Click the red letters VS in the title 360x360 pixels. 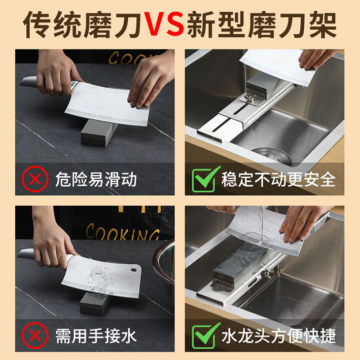pyautogui.click(x=165, y=24)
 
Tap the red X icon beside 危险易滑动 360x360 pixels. pyautogui.click(x=35, y=179)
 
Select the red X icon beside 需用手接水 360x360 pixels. pyautogui.click(x=35, y=335)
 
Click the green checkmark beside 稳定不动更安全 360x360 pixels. pyautogui.click(x=206, y=179)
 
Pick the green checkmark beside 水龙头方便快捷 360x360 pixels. pyautogui.click(x=206, y=335)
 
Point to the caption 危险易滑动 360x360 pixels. pyautogui.click(x=96, y=179)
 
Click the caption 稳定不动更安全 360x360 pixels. pyautogui.click(x=278, y=179)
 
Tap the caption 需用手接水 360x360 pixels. pyautogui.click(x=96, y=336)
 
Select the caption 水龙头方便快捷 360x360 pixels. pyautogui.click(x=278, y=336)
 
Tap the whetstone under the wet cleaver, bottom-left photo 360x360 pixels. pyautogui.click(x=94, y=303)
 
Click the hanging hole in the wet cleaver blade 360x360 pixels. pyautogui.click(x=134, y=270)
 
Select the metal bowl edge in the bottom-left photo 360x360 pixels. pyautogui.click(x=163, y=262)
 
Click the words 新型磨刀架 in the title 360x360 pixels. pyautogui.click(x=262, y=24)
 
